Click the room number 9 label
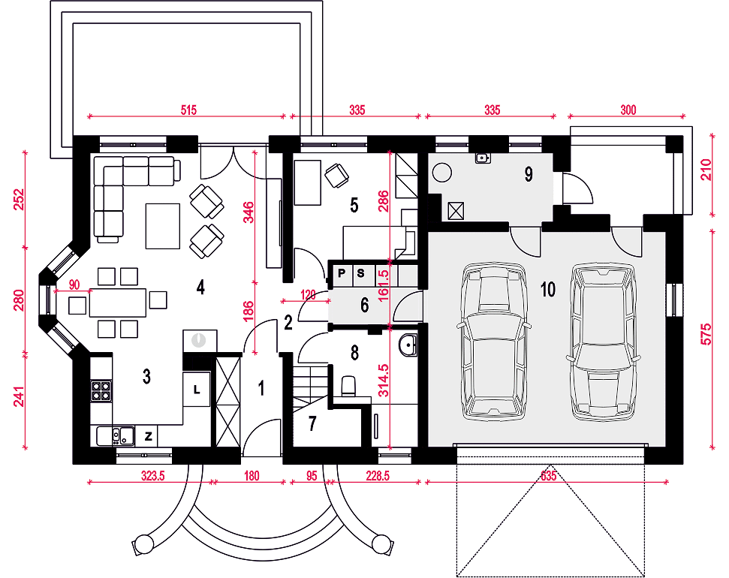tap(529, 174)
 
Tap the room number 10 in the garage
tap(548, 289)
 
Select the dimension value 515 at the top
tap(188, 110)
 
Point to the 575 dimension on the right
tap(706, 334)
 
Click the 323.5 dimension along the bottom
tap(153, 476)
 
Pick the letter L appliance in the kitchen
tap(197, 390)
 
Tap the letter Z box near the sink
tap(149, 436)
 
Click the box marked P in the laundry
tap(342, 273)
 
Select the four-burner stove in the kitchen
tap(101, 390)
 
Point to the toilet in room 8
tap(348, 387)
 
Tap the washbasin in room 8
tap(408, 345)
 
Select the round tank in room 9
tap(441, 173)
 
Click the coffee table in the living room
tap(163, 226)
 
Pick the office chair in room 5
tap(336, 176)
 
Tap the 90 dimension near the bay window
tap(74, 284)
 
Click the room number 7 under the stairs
tap(312, 423)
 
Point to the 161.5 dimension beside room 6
tap(384, 285)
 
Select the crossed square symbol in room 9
tap(456, 211)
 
